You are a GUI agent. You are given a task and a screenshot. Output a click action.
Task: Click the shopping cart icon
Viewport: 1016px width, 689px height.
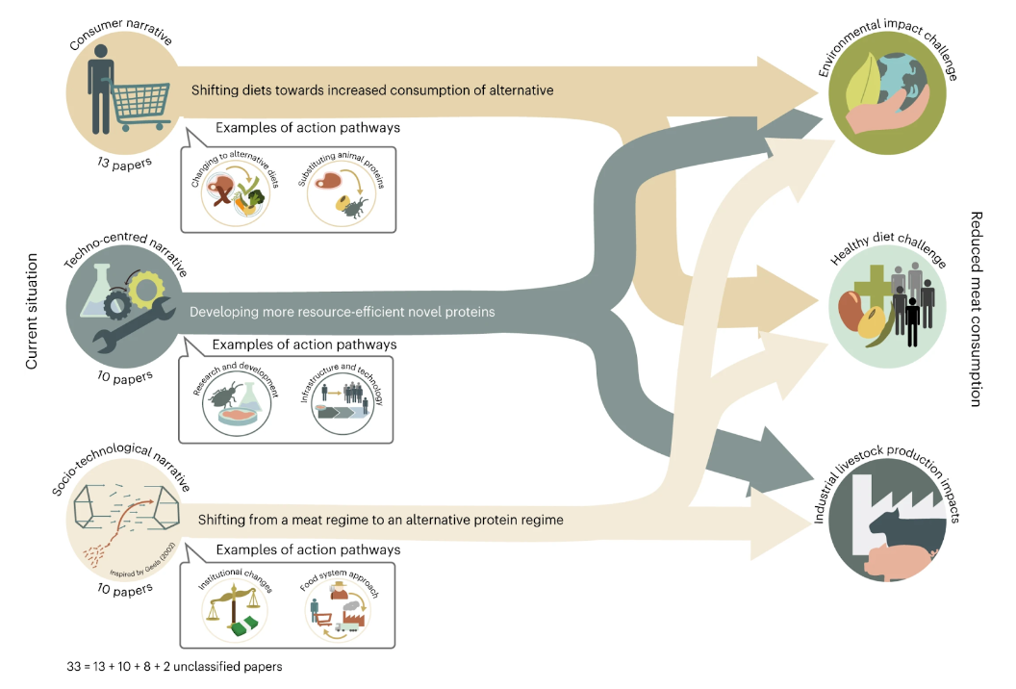[x=140, y=108]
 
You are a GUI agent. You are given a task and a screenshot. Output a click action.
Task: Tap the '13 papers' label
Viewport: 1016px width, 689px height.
[x=124, y=164]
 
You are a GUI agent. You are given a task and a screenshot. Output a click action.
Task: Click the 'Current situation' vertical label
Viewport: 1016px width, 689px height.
[x=32, y=312]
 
